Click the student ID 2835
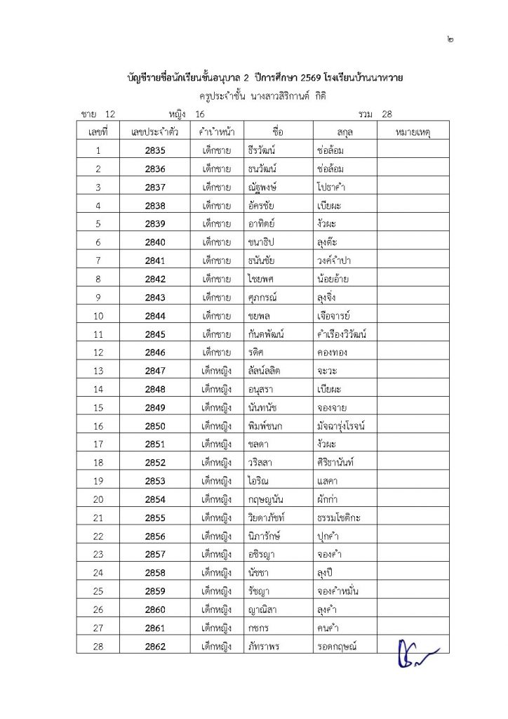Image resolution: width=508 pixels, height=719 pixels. click(154, 150)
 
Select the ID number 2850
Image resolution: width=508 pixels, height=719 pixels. click(154, 426)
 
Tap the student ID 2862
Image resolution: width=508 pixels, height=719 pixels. click(154, 647)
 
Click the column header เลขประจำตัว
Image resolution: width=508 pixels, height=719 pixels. click(154, 132)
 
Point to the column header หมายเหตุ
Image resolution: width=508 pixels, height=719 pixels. click(413, 132)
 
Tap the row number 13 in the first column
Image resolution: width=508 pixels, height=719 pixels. click(98, 371)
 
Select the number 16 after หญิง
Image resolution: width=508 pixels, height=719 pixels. click(201, 113)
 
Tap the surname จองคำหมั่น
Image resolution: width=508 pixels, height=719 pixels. click(342, 591)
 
